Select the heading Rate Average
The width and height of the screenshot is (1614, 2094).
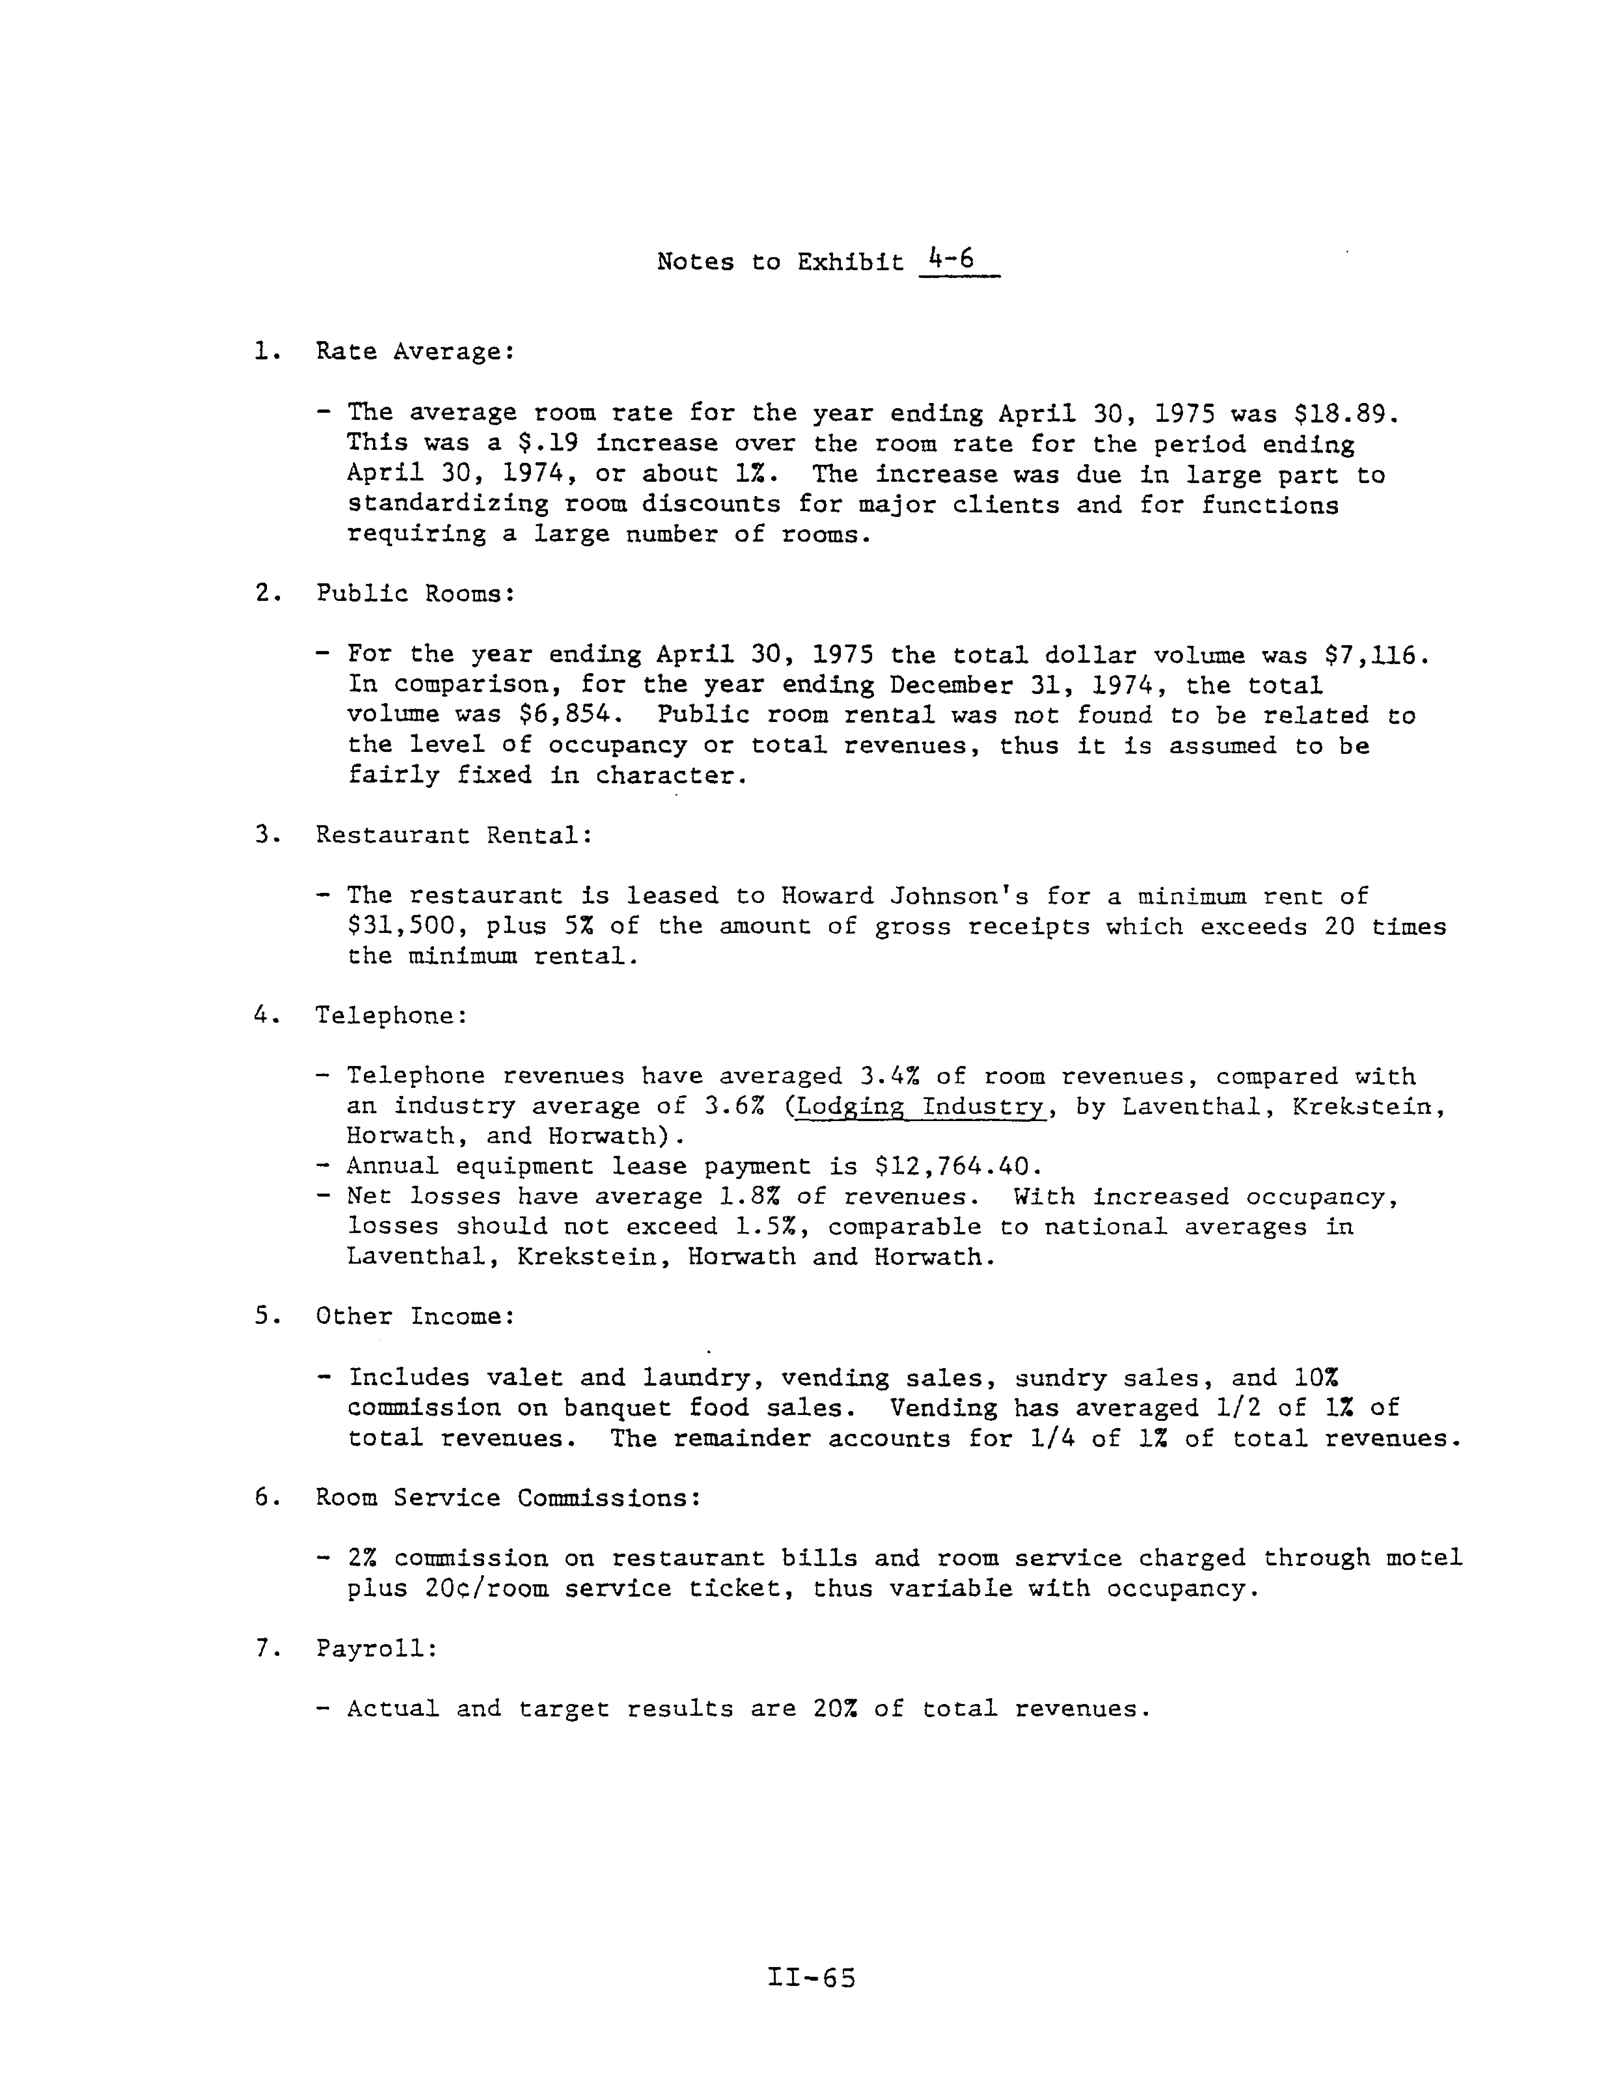414,352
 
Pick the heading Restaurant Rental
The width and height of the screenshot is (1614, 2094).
452,835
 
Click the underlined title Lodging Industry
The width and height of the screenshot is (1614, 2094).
919,1106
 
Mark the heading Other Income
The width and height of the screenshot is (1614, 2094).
414,1316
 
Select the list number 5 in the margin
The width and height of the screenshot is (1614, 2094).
262,1316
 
